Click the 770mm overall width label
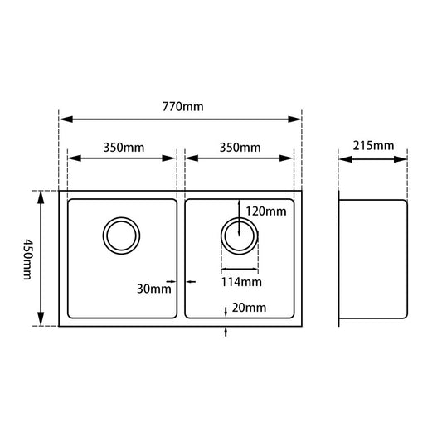click(182, 107)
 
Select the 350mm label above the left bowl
click(124, 148)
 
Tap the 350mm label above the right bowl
click(240, 148)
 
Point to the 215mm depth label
click(373, 146)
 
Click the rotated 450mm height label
click(27, 260)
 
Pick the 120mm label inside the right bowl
click(266, 211)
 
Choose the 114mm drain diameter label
click(241, 282)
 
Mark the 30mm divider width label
click(154, 289)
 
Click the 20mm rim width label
click(249, 308)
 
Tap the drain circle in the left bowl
click(103, 236)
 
